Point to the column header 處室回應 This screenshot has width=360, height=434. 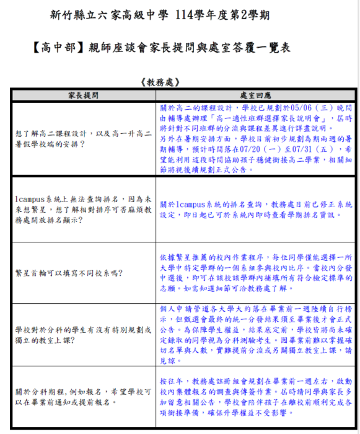click(256, 95)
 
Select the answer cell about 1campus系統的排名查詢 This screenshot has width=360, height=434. click(256, 209)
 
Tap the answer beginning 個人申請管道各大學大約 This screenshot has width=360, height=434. click(256, 334)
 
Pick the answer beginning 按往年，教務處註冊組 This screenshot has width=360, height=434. click(256, 392)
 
